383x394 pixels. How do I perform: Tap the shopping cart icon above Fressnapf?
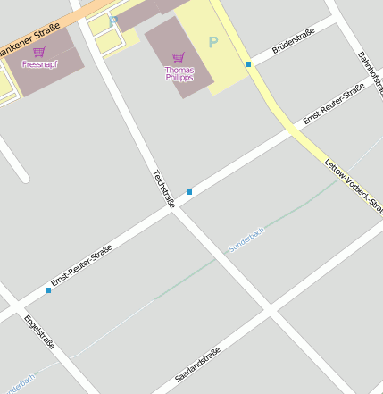38,53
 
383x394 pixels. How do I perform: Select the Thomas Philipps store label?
179,73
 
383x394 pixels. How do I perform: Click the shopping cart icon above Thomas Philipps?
179,57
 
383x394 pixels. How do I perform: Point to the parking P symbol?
212,42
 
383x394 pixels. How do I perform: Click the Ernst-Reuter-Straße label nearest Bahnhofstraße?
332,105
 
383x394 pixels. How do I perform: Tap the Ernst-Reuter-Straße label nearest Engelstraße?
81,265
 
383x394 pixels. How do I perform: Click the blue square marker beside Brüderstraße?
248,64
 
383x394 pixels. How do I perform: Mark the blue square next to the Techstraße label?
189,192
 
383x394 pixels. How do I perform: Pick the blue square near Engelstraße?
48,290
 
